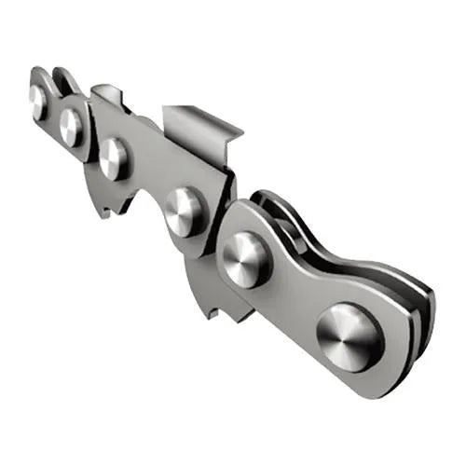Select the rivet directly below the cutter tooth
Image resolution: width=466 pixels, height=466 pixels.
[x=184, y=210]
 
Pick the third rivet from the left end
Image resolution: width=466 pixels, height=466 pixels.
[x=114, y=158]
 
